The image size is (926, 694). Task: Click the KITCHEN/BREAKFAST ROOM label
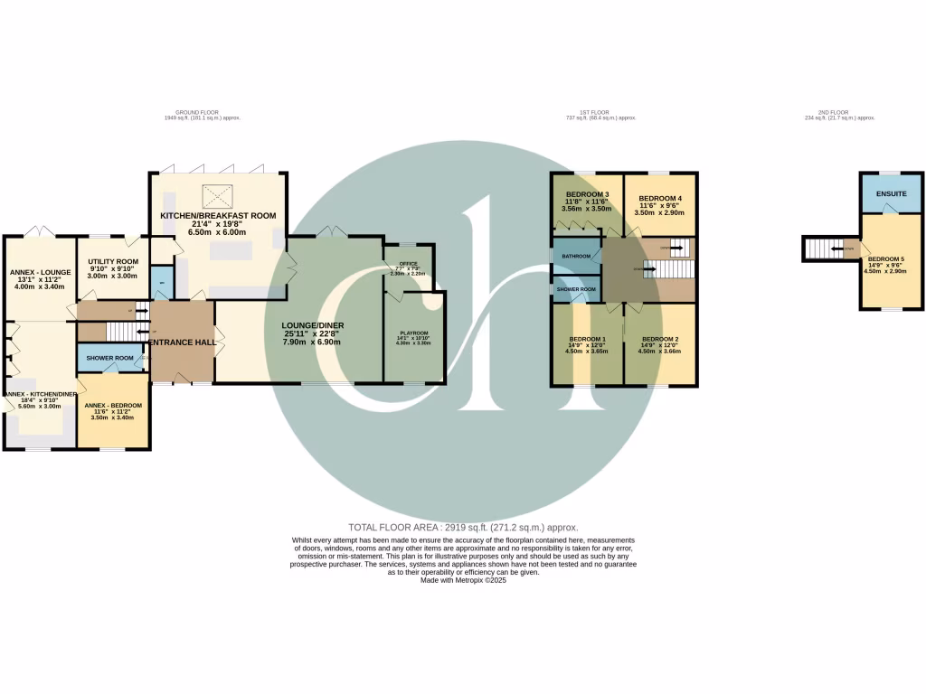[218, 216]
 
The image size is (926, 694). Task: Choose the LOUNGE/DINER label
[312, 325]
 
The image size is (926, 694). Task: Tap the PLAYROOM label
[415, 333]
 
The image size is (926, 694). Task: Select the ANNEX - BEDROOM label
[113, 405]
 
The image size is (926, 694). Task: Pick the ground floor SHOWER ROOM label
[110, 358]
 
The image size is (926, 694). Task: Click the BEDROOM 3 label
[587, 194]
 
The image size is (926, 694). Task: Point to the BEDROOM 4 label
[660, 198]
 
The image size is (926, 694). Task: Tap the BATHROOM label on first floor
[576, 257]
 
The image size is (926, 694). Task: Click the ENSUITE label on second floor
[892, 192]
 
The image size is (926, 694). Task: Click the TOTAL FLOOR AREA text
[463, 527]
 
